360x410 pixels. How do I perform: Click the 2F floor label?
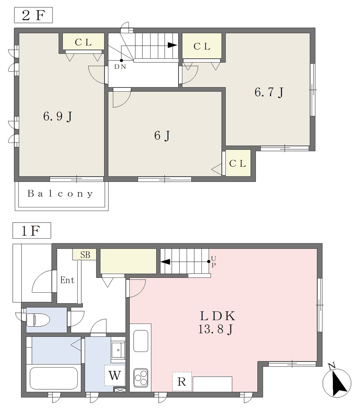click(33, 15)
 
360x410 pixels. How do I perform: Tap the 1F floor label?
click(31, 231)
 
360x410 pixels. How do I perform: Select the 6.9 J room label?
click(58, 116)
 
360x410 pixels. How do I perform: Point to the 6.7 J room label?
click(269, 92)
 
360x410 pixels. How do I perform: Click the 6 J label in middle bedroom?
click(162, 135)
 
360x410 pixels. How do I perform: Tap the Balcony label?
click(60, 193)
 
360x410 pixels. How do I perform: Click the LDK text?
click(217, 316)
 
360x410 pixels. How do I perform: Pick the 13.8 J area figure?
click(216, 330)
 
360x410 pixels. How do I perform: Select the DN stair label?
click(120, 67)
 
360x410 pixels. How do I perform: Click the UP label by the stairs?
click(213, 262)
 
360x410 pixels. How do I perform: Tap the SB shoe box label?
click(85, 254)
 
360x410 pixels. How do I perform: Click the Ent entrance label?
click(67, 280)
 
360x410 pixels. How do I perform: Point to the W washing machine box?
click(115, 376)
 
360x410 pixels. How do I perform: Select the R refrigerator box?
click(182, 382)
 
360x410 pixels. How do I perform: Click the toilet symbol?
click(38, 320)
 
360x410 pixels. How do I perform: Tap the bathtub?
click(54, 379)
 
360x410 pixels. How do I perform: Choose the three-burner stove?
click(141, 378)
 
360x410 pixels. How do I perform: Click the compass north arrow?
click(337, 382)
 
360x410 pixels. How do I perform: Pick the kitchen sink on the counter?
click(141, 341)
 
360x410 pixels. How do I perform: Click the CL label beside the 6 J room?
click(237, 164)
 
